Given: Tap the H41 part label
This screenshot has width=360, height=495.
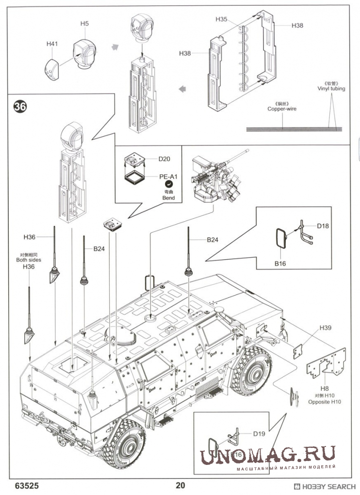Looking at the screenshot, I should (x=52, y=44).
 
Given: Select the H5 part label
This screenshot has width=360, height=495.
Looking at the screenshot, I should (x=84, y=23).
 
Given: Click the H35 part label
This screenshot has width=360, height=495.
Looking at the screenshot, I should (x=221, y=19).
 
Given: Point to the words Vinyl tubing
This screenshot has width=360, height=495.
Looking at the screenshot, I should (x=331, y=89).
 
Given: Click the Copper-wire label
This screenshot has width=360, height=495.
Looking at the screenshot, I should (x=282, y=109).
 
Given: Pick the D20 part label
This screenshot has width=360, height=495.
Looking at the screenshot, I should (x=164, y=159).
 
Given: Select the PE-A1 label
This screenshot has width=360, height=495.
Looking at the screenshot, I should (x=167, y=177).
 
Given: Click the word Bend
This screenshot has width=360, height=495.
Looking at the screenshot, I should (x=168, y=198).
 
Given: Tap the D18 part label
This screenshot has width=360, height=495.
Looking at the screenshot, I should (x=323, y=226).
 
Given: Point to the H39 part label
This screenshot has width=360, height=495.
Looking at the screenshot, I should (x=326, y=328).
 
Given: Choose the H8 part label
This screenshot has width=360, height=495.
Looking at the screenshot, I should (x=325, y=388).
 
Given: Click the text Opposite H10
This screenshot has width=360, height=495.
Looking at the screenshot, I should (x=325, y=402).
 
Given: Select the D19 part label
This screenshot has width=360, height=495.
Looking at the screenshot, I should (x=259, y=434).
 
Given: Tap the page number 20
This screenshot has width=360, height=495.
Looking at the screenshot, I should (x=180, y=485).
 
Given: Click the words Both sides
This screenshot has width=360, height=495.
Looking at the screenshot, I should (x=29, y=260).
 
